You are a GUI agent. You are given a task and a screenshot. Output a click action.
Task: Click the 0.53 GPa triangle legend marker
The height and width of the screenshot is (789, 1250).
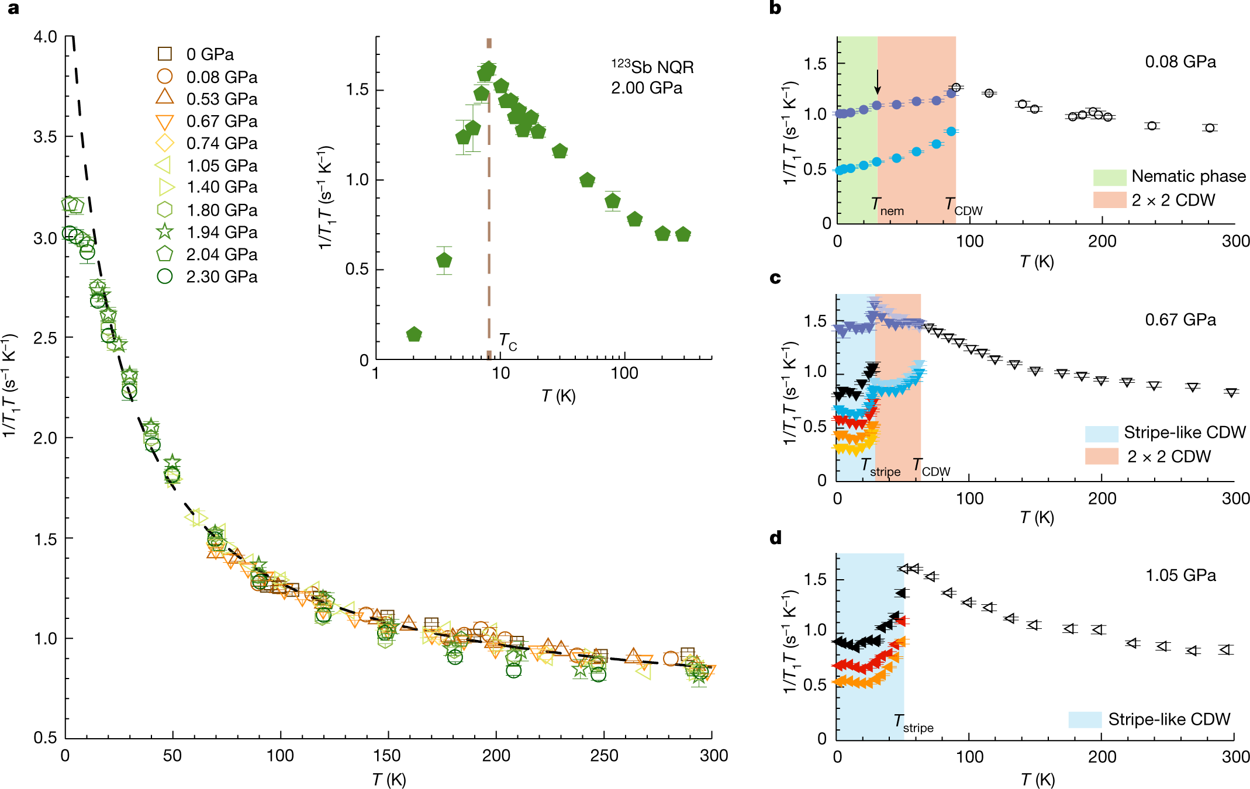(165, 98)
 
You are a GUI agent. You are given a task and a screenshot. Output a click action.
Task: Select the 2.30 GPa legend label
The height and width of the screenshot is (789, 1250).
(222, 276)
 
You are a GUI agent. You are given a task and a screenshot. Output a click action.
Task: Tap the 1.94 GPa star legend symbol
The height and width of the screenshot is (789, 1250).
(165, 232)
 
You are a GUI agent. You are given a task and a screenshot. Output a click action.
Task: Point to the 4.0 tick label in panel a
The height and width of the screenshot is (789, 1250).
(45, 37)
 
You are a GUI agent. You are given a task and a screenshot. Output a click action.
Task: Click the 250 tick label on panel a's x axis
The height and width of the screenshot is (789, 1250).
(604, 756)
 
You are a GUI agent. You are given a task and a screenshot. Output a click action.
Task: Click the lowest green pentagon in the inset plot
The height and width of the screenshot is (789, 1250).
(414, 334)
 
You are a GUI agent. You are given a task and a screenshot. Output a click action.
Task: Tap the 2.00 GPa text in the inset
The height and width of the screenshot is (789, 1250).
(647, 88)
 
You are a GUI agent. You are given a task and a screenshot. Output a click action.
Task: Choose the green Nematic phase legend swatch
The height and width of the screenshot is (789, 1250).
(1109, 177)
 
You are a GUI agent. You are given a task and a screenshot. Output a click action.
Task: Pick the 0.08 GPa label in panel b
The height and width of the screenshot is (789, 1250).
(1180, 62)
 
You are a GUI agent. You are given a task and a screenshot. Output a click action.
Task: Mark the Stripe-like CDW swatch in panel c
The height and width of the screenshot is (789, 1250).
(1101, 434)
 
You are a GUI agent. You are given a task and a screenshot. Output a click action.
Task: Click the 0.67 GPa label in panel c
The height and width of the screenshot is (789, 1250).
(1180, 320)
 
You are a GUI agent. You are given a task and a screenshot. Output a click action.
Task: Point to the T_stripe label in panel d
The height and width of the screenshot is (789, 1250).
(913, 724)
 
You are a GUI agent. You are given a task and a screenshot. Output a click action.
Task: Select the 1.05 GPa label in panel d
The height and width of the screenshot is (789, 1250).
(1180, 575)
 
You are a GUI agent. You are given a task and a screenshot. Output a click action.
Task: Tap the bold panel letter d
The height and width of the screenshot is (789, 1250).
(776, 538)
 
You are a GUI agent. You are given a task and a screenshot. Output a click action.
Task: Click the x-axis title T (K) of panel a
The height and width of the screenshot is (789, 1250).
(389, 779)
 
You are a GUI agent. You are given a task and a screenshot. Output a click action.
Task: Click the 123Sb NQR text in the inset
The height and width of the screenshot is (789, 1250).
(652, 67)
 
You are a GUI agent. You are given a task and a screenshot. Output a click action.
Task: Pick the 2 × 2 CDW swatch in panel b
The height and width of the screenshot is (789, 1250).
(1109, 200)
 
